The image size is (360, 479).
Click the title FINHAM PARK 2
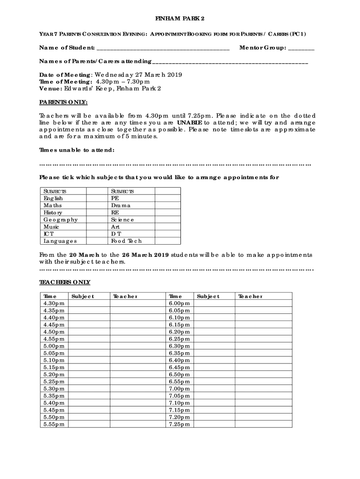180,19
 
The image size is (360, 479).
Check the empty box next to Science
167,219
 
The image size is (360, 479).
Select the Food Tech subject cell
126,241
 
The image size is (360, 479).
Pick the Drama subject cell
121,205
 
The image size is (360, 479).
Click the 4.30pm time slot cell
54,304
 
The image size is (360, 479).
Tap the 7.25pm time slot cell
180,424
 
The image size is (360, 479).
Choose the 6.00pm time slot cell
180,304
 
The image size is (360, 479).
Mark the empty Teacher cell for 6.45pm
263,367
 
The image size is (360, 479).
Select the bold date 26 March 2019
145,255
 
